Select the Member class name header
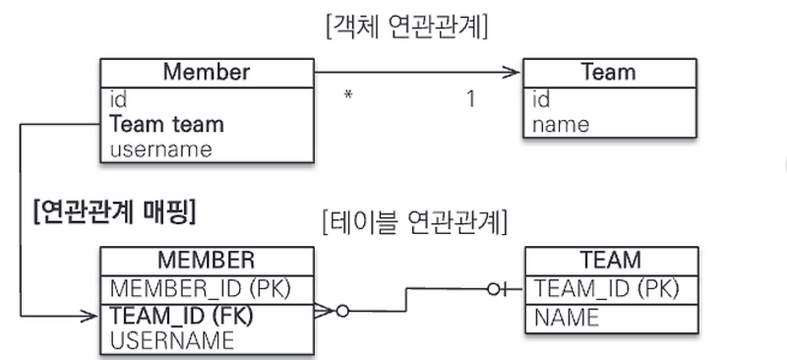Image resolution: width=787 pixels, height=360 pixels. (207, 72)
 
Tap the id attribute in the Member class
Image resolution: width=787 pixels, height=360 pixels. (118, 99)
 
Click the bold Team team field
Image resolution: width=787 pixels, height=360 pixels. (166, 125)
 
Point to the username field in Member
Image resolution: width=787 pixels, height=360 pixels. (160, 150)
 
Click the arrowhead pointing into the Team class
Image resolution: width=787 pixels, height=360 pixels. (511, 72)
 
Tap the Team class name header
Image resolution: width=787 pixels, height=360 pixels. (609, 72)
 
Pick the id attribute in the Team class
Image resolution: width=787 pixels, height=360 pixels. (541, 99)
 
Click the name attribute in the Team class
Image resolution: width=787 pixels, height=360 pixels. (561, 125)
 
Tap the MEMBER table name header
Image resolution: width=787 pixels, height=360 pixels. (207, 261)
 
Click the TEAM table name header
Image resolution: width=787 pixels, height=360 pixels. (610, 261)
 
